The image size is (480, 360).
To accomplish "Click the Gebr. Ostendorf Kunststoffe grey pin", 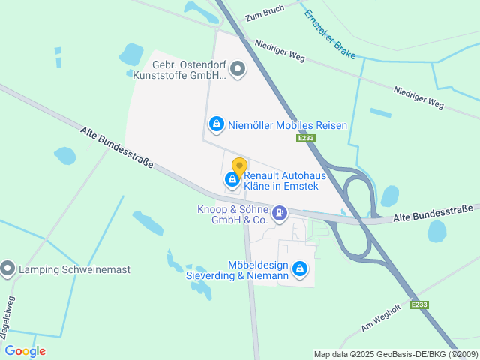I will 238,70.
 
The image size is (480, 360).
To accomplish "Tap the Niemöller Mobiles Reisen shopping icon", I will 217,124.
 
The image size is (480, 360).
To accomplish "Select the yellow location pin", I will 239,167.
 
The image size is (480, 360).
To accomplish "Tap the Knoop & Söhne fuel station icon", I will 280,214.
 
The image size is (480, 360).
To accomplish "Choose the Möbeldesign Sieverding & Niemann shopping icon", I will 300,268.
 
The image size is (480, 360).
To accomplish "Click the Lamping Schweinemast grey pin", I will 8,268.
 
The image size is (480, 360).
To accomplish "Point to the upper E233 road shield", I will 306,138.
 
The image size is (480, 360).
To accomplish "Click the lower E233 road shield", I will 419,304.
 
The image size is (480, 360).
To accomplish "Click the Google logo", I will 25,351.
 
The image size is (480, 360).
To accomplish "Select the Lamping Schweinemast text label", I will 64,268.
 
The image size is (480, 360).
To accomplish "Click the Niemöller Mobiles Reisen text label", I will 288,125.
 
